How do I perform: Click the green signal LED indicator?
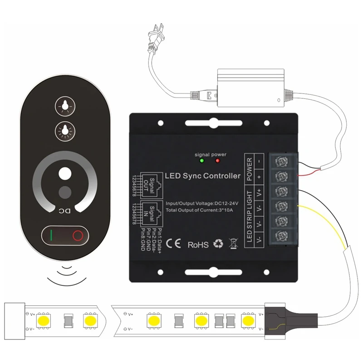(x=201, y=161)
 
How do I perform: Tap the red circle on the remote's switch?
(x=78, y=235)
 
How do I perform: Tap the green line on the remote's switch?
(x=52, y=235)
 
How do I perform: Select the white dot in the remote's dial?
(x=65, y=174)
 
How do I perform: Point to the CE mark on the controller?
(x=173, y=244)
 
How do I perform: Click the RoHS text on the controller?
(x=198, y=244)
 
